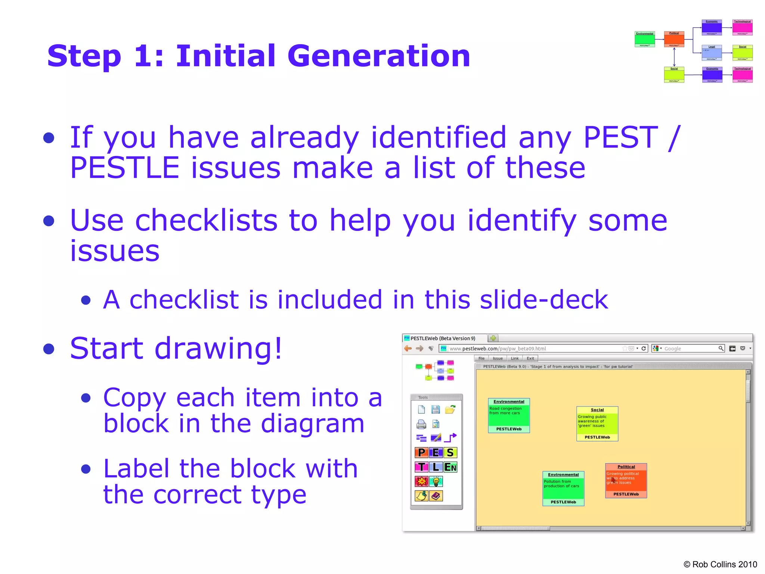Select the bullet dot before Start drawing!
pyautogui.click(x=49, y=349)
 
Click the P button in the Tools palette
pyautogui.click(x=422, y=453)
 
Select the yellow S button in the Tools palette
pyautogui.click(x=450, y=453)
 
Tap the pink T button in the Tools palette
pyautogui.click(x=422, y=467)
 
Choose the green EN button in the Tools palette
pyautogui.click(x=450, y=467)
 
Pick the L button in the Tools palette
pyautogui.click(x=436, y=467)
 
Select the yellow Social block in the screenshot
pyautogui.click(x=597, y=424)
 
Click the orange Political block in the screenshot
pyautogui.click(x=626, y=481)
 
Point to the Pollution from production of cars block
pyautogui.click(x=563, y=488)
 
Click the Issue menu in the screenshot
pyautogui.click(x=498, y=358)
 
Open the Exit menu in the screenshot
pyautogui.click(x=530, y=358)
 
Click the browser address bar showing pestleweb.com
pyautogui.click(x=530, y=349)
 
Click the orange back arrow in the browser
pyautogui.click(x=408, y=349)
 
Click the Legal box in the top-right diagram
pyautogui.click(x=712, y=53)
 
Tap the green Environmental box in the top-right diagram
pyautogui.click(x=645, y=39)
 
